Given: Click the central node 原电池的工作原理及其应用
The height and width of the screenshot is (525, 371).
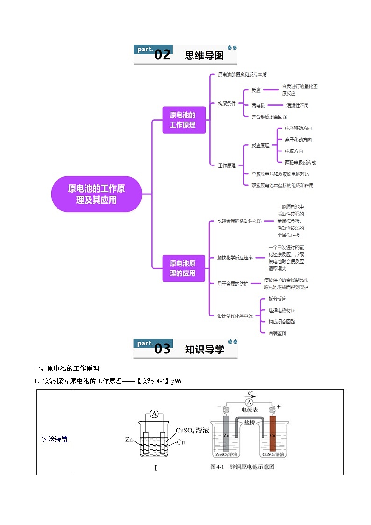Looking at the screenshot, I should point(96,194).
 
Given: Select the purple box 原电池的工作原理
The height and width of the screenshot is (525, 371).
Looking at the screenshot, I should point(184,120).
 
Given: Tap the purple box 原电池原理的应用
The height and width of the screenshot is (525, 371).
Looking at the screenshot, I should point(184,268).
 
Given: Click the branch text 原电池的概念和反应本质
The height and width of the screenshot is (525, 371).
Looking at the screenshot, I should point(242,75).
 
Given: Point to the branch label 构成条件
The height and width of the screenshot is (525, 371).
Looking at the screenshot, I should point(227,103).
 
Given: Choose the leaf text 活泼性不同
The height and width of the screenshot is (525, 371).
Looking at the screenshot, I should point(297,106).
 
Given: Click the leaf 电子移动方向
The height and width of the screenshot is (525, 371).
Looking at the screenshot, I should point(298,129).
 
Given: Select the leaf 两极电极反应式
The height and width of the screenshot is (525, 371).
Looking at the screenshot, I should point(300,163).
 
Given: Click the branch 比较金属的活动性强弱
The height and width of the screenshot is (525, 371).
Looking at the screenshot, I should point(239,221).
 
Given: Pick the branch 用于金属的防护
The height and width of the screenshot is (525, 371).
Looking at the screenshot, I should point(233,284).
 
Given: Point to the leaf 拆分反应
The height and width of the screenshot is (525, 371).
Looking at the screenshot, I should point(277,299).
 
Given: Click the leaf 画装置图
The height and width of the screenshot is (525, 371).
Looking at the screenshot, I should point(277,333).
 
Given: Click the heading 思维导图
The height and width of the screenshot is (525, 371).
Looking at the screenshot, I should point(204,56).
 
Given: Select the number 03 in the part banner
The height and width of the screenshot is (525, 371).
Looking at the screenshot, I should point(162,349).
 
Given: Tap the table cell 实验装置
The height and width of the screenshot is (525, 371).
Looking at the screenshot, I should point(55,439).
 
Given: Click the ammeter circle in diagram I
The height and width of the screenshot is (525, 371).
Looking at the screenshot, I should point(155,413).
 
